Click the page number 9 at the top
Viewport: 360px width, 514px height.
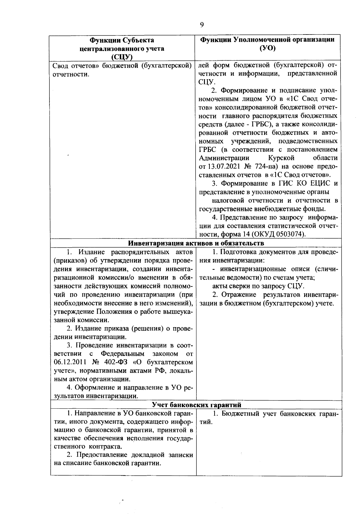point(202,25)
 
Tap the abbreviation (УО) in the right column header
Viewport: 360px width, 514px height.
point(267,48)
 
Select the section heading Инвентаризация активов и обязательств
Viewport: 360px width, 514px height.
point(196,243)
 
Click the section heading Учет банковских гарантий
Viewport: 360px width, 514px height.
point(196,405)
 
